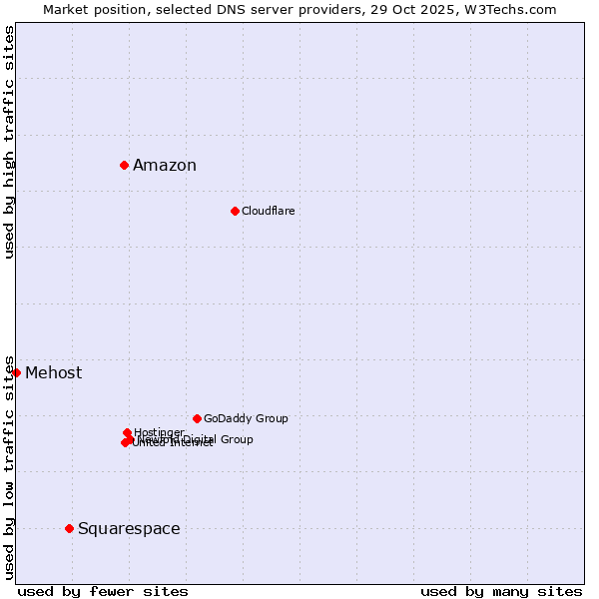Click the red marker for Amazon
(124, 165)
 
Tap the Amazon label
(165, 166)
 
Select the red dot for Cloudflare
(235, 211)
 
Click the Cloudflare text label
(268, 211)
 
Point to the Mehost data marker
(16, 372)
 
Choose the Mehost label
(54, 373)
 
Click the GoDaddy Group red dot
(197, 418)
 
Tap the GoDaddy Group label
(246, 418)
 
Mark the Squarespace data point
(69, 528)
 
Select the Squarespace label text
(129, 529)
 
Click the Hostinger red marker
(127, 432)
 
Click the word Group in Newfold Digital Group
(237, 439)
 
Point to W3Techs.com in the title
(514, 9)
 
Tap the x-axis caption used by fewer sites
(103, 591)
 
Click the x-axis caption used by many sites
(501, 591)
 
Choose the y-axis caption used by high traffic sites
(9, 143)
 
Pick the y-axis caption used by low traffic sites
(9, 466)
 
